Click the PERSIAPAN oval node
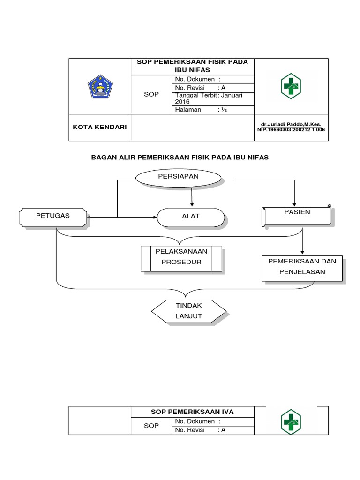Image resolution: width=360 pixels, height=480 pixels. tap(178, 177)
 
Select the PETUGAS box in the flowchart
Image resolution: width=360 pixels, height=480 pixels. tap(53, 216)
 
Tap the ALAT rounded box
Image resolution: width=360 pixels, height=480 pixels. tap(190, 217)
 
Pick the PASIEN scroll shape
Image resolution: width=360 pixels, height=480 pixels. tap(296, 213)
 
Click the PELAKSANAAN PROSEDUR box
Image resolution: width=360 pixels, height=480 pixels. tap(181, 258)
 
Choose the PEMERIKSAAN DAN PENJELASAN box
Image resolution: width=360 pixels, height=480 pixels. tap(302, 267)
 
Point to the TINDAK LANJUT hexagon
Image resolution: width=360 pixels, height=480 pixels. tap(188, 311)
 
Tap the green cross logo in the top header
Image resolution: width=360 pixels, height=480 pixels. tap(291, 86)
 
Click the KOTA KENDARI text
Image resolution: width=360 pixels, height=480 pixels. tap(99, 127)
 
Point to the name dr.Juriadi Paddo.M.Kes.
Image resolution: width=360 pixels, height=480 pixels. tap(291, 124)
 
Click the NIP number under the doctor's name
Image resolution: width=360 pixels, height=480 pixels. tap(291, 130)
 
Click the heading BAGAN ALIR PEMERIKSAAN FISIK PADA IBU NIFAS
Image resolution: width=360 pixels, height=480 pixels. tap(180, 157)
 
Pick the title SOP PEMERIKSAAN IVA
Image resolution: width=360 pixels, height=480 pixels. tap(192, 412)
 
